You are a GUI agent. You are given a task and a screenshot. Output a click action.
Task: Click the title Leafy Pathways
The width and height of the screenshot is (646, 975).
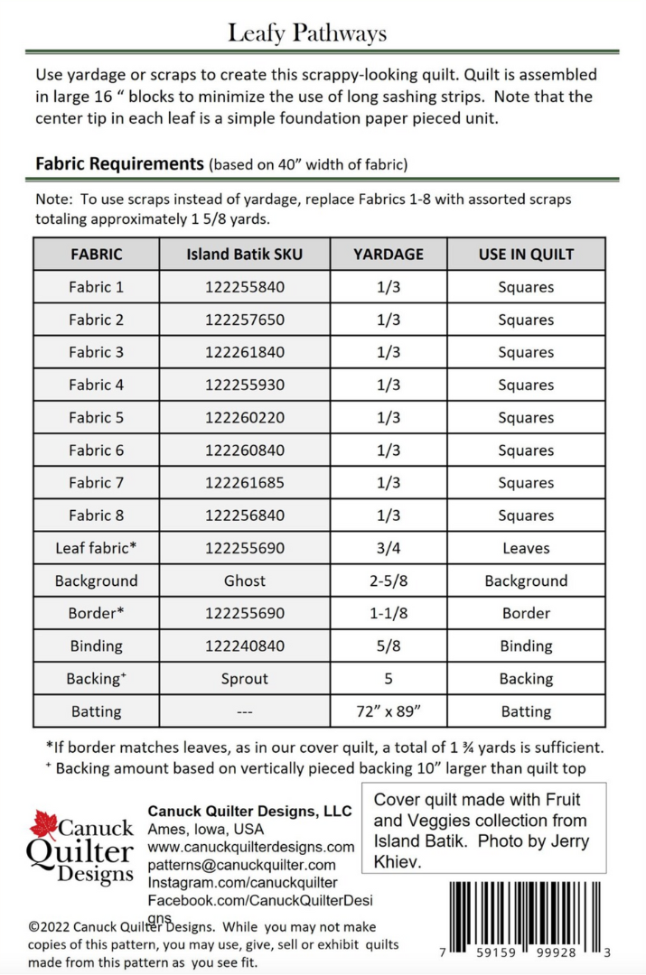[307, 33]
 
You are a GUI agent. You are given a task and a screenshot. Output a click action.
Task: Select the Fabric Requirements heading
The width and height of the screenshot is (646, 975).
[119, 164]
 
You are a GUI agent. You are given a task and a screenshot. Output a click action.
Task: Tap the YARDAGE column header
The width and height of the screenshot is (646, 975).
[389, 255]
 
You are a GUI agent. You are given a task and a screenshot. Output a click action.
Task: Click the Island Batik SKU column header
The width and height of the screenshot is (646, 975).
[245, 255]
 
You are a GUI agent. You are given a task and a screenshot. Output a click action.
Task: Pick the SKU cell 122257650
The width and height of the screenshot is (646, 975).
[245, 320]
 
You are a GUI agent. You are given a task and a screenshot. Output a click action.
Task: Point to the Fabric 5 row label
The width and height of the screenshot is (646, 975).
[96, 418]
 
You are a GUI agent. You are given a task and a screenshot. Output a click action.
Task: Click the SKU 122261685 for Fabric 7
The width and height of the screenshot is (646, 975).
[245, 483]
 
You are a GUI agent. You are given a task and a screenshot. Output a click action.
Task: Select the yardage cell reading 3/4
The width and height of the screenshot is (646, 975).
[389, 548]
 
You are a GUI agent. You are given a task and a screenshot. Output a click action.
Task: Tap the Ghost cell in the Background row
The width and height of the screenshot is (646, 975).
[245, 580]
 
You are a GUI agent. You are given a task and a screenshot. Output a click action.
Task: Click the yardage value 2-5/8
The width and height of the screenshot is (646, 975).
[389, 580]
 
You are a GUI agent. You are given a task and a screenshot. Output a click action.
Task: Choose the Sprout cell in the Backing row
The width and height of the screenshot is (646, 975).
[245, 679]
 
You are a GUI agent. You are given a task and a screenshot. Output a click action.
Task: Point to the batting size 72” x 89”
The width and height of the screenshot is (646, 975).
[389, 711]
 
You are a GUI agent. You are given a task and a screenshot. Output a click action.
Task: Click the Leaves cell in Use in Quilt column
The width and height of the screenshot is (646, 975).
[526, 548]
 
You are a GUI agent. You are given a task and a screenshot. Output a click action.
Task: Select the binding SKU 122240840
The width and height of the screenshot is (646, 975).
[245, 645]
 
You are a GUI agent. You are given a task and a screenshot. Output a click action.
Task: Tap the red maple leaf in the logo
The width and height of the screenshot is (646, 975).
[43, 824]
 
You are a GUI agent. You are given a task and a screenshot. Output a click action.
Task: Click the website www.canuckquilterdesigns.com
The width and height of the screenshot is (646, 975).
[250, 847]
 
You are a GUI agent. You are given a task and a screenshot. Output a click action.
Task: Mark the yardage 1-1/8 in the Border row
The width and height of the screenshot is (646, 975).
[389, 613]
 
